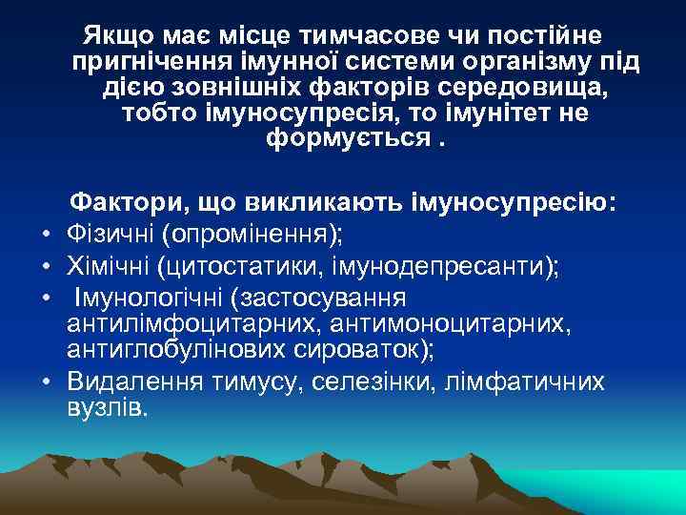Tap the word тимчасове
click(x=353, y=37)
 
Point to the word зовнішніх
click(x=232, y=89)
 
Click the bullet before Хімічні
click(x=45, y=264)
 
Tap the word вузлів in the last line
click(x=106, y=409)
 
